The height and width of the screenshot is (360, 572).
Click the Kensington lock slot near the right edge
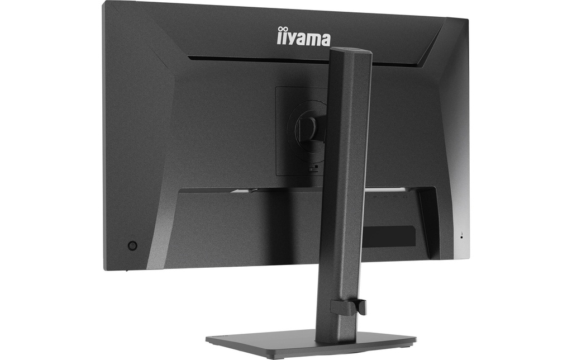[x=462, y=236]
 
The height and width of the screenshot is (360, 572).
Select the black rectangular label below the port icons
[x=390, y=236]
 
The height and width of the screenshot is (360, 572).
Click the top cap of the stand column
[x=351, y=50]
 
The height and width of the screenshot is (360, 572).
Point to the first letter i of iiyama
[x=279, y=36]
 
